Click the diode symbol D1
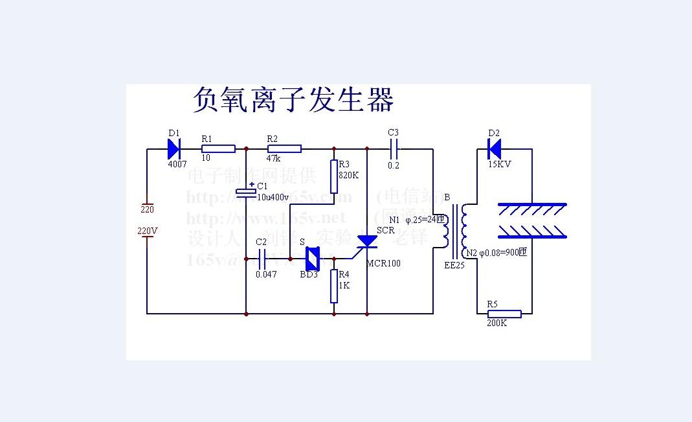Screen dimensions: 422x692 pyautogui.click(x=173, y=149)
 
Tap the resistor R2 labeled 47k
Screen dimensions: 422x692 pyautogui.click(x=284, y=149)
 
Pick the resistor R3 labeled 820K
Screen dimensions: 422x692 pyautogui.click(x=334, y=177)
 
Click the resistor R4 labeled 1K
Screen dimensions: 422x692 pyautogui.click(x=334, y=287)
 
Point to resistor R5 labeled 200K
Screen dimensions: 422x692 pyautogui.click(x=504, y=314)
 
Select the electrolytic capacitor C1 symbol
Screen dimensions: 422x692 pyautogui.click(x=247, y=192)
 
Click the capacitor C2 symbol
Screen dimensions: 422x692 pyautogui.click(x=262, y=259)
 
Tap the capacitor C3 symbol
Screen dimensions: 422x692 pyautogui.click(x=394, y=149)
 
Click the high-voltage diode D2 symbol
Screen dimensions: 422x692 pyautogui.click(x=495, y=149)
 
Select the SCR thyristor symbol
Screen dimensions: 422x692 pyautogui.click(x=367, y=240)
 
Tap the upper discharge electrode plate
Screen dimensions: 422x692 pyautogui.click(x=531, y=209)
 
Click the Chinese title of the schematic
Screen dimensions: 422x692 pyautogui.click(x=293, y=100)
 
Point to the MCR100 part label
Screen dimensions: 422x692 pyautogui.click(x=383, y=264)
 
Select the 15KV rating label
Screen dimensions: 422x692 pyautogui.click(x=499, y=165)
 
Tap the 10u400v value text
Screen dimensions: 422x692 pyautogui.click(x=273, y=197)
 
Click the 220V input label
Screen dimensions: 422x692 pyautogui.click(x=148, y=231)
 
